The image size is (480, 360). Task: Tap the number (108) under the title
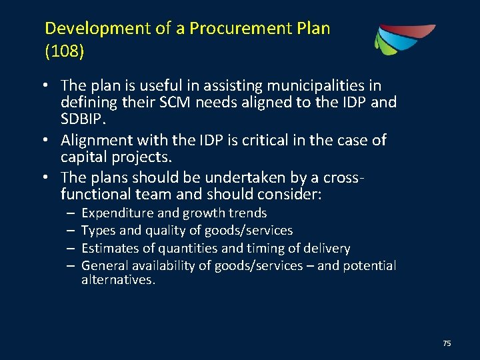click(x=64, y=51)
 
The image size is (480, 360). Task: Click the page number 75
click(x=447, y=343)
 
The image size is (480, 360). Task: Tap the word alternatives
click(x=118, y=280)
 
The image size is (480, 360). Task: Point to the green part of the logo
click(x=383, y=43)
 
